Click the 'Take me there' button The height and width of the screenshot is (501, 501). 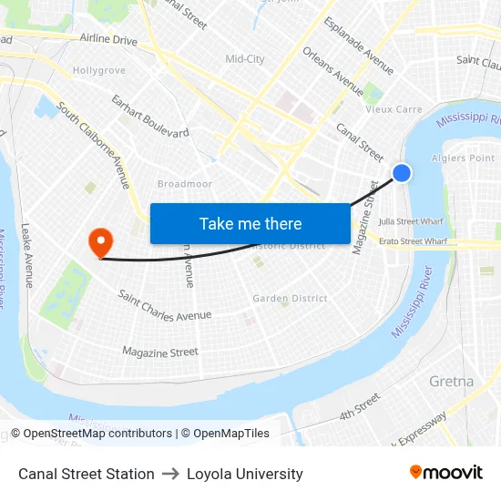(250, 223)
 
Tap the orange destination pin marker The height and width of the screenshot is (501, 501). (99, 241)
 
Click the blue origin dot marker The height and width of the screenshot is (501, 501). (402, 173)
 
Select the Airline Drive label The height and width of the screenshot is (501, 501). (108, 40)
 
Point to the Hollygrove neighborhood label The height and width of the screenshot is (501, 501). (98, 70)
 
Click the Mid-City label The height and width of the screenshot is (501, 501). (244, 59)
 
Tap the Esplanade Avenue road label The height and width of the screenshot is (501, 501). (359, 46)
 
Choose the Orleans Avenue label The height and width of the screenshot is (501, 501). (332, 71)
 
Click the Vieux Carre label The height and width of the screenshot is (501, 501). (394, 109)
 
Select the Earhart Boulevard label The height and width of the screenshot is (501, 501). (149, 116)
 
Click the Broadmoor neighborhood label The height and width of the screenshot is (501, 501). (184, 184)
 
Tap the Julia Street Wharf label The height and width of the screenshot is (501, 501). (411, 221)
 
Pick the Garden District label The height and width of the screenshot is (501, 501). (290, 298)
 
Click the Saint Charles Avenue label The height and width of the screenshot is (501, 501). (165, 307)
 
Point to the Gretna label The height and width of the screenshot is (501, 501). (451, 381)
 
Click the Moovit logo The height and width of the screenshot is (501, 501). (445, 473)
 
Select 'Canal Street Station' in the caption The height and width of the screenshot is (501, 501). (87, 474)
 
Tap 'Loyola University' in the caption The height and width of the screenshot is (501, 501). (244, 474)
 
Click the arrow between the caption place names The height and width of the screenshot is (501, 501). (170, 474)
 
